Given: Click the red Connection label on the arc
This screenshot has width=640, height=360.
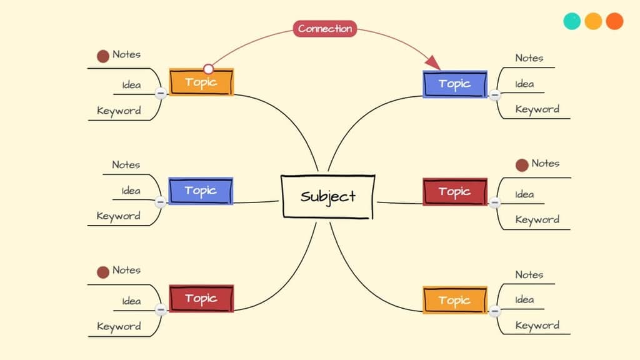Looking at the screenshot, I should pyautogui.click(x=325, y=28).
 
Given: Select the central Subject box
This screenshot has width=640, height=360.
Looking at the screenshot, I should pyautogui.click(x=328, y=196).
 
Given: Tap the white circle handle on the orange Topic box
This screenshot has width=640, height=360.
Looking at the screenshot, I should pyautogui.click(x=209, y=69).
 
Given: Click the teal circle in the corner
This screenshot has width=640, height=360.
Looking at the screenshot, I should pyautogui.click(x=572, y=21).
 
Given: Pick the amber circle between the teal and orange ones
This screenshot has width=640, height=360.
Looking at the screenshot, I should pyautogui.click(x=593, y=21).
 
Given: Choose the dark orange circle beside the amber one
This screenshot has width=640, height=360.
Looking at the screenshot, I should pyautogui.click(x=614, y=21).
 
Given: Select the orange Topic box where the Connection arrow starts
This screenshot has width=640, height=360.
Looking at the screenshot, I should pyautogui.click(x=201, y=82).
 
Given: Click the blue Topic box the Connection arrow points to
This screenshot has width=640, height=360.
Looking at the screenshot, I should pyautogui.click(x=455, y=84).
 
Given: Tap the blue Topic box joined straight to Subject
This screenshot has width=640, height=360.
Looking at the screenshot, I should pyautogui.click(x=201, y=191).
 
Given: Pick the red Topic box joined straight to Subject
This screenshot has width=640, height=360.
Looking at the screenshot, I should pyautogui.click(x=455, y=191).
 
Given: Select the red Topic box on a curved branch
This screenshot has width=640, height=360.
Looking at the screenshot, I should pyautogui.click(x=201, y=298).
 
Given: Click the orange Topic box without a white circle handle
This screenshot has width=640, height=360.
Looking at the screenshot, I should pyautogui.click(x=455, y=300).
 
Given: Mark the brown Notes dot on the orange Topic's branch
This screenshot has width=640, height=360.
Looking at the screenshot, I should pyautogui.click(x=103, y=56).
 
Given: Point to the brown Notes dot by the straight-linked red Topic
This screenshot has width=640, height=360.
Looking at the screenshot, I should pyautogui.click(x=522, y=165).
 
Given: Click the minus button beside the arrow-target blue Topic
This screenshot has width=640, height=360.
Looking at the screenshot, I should pyautogui.click(x=495, y=96).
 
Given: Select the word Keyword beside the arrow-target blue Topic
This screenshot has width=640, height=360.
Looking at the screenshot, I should pyautogui.click(x=537, y=109).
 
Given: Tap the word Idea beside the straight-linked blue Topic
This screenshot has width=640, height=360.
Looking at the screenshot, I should pyautogui.click(x=131, y=191).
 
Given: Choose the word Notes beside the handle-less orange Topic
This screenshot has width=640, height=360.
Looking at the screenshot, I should pyautogui.click(x=529, y=274).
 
